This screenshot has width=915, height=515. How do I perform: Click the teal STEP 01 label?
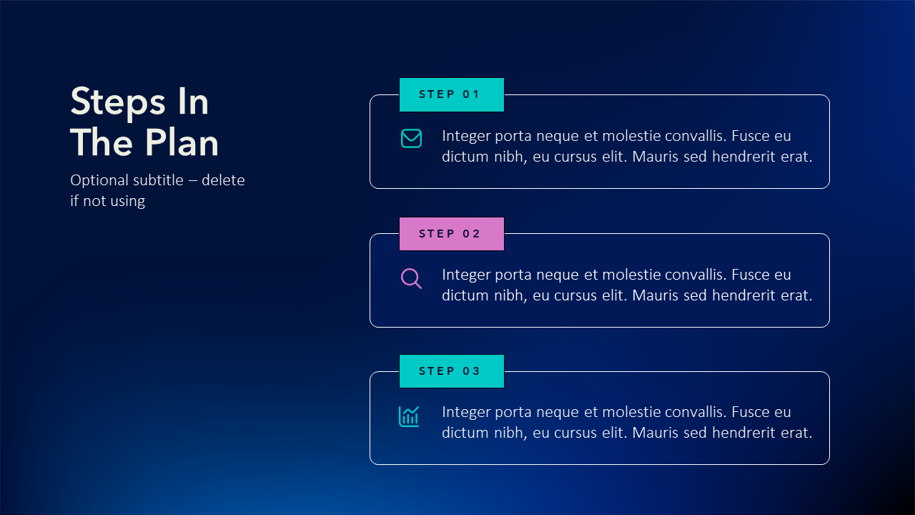tap(451, 94)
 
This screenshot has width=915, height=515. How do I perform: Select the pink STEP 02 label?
tap(451, 234)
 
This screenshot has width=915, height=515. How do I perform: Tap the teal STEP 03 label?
tap(451, 371)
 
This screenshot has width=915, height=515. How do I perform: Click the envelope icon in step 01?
tap(411, 139)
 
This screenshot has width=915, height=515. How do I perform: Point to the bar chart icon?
tap(409, 416)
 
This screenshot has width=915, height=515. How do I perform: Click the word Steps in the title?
tap(118, 102)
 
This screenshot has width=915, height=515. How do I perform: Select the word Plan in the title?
tap(182, 142)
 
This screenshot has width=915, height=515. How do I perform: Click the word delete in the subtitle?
tap(223, 180)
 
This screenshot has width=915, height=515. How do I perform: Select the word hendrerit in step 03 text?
tap(743, 433)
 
